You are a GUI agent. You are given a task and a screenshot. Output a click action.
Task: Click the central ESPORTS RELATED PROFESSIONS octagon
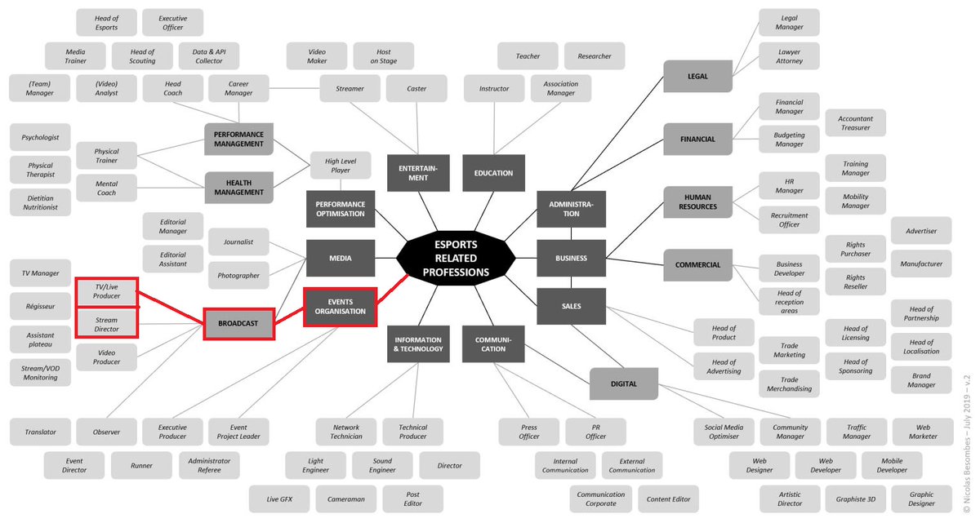pyautogui.click(x=456, y=258)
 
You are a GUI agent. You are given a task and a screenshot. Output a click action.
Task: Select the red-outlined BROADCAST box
pyautogui.click(x=238, y=323)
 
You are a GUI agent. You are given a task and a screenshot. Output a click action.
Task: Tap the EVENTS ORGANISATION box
pyautogui.click(x=340, y=306)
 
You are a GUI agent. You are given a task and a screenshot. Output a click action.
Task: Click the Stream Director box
pyautogui.click(x=106, y=324)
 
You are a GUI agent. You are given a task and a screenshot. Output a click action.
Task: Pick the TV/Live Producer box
pyautogui.click(x=106, y=291)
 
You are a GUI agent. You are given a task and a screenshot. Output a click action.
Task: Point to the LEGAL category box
pyautogui.click(x=697, y=76)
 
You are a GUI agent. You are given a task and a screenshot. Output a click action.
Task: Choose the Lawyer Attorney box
pyautogui.click(x=789, y=55)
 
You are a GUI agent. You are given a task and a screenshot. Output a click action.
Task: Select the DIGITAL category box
pyautogui.click(x=624, y=383)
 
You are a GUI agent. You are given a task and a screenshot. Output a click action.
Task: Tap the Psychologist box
pyautogui.click(x=40, y=137)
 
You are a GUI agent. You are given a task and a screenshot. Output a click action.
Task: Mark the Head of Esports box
pyautogui.click(x=106, y=23)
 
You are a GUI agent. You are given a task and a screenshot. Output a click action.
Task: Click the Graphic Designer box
pyautogui.click(x=921, y=499)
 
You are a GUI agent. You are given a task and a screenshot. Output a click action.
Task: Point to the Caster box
pyautogui.click(x=416, y=89)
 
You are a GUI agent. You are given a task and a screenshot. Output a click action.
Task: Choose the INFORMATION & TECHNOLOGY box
pyautogui.click(x=417, y=344)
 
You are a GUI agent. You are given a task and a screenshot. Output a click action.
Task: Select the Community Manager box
pyautogui.click(x=790, y=432)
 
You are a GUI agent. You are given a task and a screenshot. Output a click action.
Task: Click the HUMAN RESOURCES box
pyautogui.click(x=697, y=202)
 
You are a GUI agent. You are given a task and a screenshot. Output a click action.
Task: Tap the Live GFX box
pyautogui.click(x=279, y=499)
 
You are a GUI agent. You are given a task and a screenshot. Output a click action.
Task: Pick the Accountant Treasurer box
pyautogui.click(x=855, y=123)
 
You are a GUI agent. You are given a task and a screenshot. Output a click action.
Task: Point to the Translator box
pyautogui.click(x=40, y=432)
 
